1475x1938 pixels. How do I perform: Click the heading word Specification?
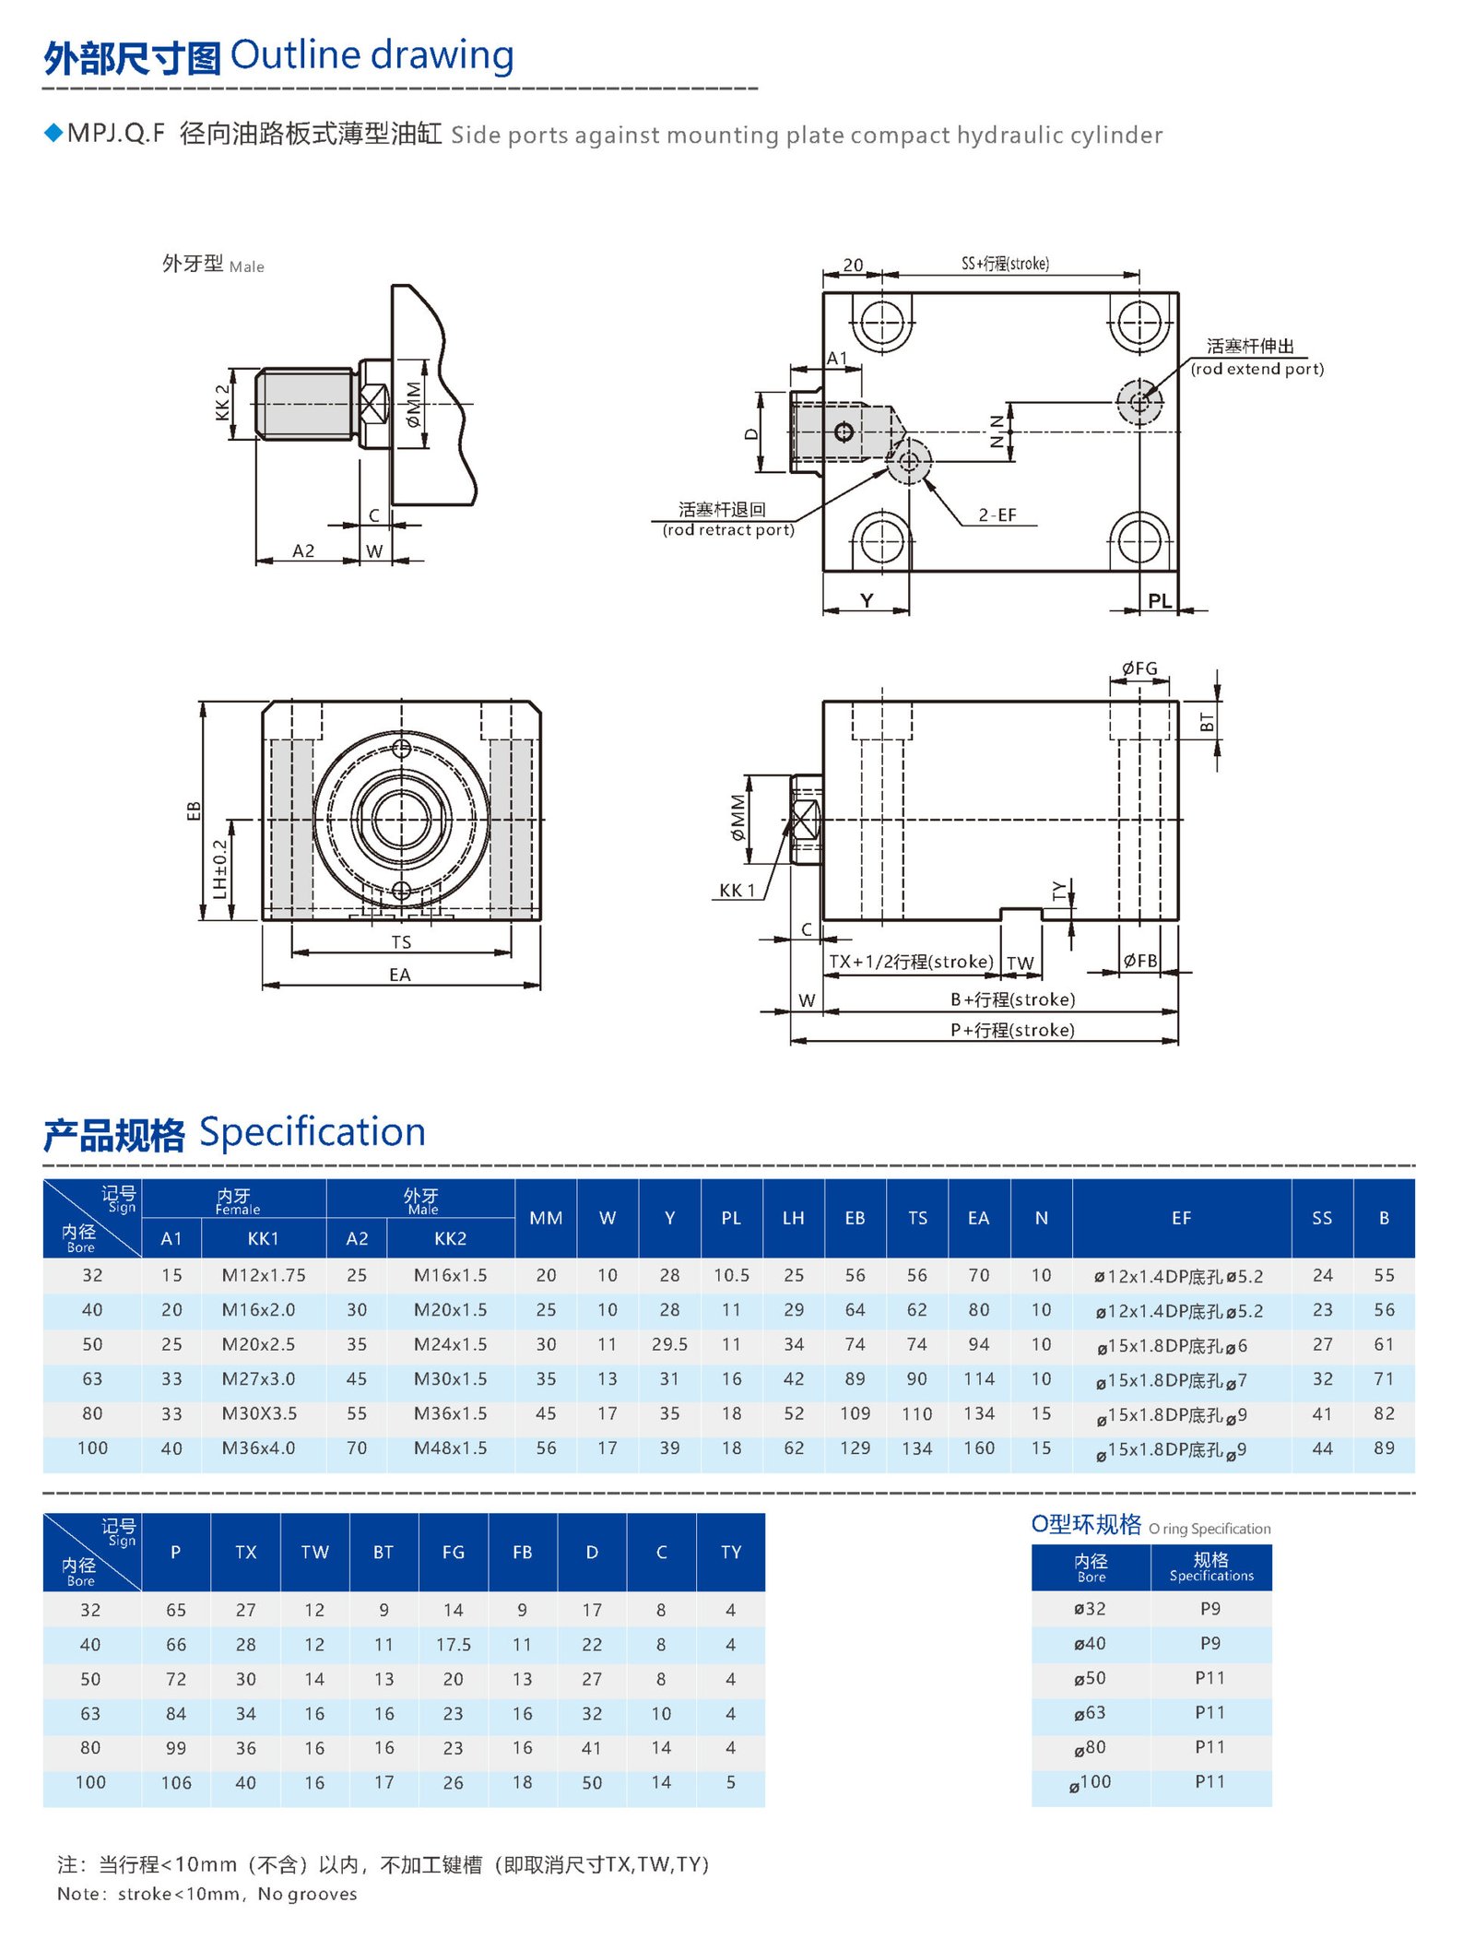(312, 1131)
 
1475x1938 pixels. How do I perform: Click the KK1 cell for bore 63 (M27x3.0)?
(258, 1378)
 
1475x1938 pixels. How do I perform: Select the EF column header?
(1181, 1218)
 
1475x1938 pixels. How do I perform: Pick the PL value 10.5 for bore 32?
(731, 1275)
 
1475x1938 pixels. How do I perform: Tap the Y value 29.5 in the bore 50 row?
(669, 1344)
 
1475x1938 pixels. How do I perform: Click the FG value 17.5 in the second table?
(453, 1645)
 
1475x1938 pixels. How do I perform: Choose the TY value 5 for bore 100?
(730, 1782)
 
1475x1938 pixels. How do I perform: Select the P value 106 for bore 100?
(176, 1783)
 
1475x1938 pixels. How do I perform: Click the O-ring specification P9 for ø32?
(1210, 1609)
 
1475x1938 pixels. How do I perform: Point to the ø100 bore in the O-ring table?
(1091, 1782)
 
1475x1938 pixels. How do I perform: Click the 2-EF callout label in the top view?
(997, 514)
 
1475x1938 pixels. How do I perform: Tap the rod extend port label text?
(1257, 369)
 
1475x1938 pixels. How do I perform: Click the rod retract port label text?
(728, 529)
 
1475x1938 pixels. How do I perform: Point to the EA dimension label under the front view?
(399, 975)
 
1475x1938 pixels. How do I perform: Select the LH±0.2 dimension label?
(219, 869)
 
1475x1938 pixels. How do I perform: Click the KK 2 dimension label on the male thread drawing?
(222, 403)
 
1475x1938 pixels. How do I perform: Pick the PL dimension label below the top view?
(1160, 601)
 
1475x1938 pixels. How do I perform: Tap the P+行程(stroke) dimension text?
(1012, 1030)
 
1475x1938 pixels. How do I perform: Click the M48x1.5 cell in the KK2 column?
(450, 1448)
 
